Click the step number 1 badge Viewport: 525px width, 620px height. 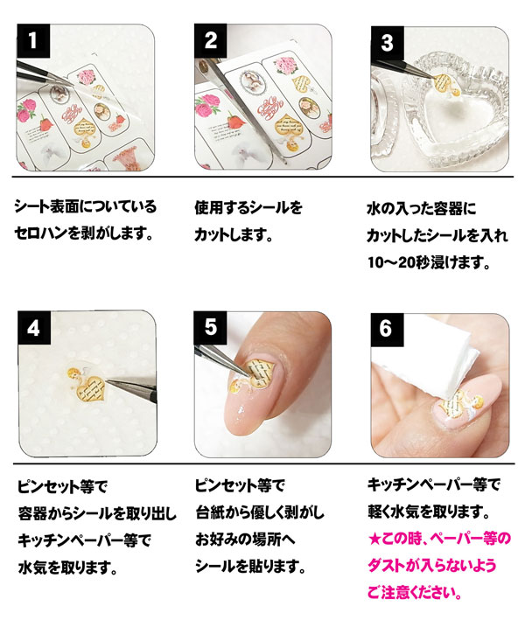click(x=33, y=41)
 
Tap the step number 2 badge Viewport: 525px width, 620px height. click(x=211, y=41)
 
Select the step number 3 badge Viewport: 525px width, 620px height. click(x=387, y=43)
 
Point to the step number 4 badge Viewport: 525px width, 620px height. click(x=34, y=328)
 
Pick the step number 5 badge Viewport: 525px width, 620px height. click(x=210, y=328)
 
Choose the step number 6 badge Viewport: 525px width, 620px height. click(x=387, y=330)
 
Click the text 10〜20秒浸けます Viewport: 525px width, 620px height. click(x=429, y=262)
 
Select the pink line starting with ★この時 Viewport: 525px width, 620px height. click(x=439, y=539)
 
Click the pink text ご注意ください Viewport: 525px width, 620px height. click(x=415, y=592)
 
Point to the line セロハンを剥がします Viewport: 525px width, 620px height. click(x=83, y=233)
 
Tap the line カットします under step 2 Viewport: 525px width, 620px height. click(x=234, y=235)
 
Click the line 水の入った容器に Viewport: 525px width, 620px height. click(x=422, y=209)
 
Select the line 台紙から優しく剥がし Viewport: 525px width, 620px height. click(x=260, y=512)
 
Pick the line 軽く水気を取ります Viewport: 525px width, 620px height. click(x=429, y=512)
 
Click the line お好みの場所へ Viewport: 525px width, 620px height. click(x=245, y=540)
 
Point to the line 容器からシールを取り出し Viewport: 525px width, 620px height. click(x=97, y=513)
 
